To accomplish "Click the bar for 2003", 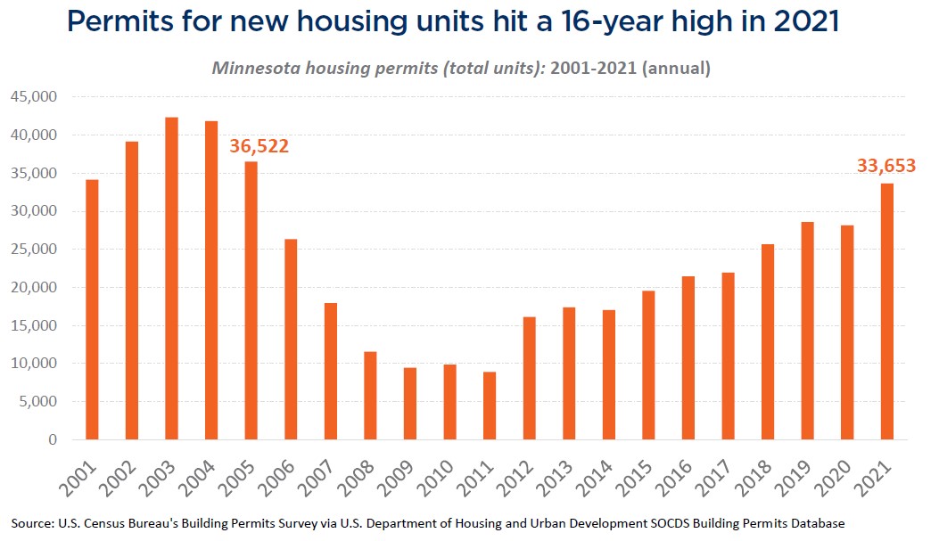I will coord(171,278).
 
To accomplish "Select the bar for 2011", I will coord(490,406).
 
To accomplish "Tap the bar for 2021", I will coord(886,311).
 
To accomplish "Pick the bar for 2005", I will coord(251,300).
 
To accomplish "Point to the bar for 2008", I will coord(370,396).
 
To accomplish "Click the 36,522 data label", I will coord(259,146).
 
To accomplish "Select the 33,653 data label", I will coord(886,165).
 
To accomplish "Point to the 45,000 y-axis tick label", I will coord(34,97).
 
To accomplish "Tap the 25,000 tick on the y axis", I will coord(34,250).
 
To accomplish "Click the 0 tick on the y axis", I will coord(53,439).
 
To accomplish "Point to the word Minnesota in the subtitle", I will coord(256,68).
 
